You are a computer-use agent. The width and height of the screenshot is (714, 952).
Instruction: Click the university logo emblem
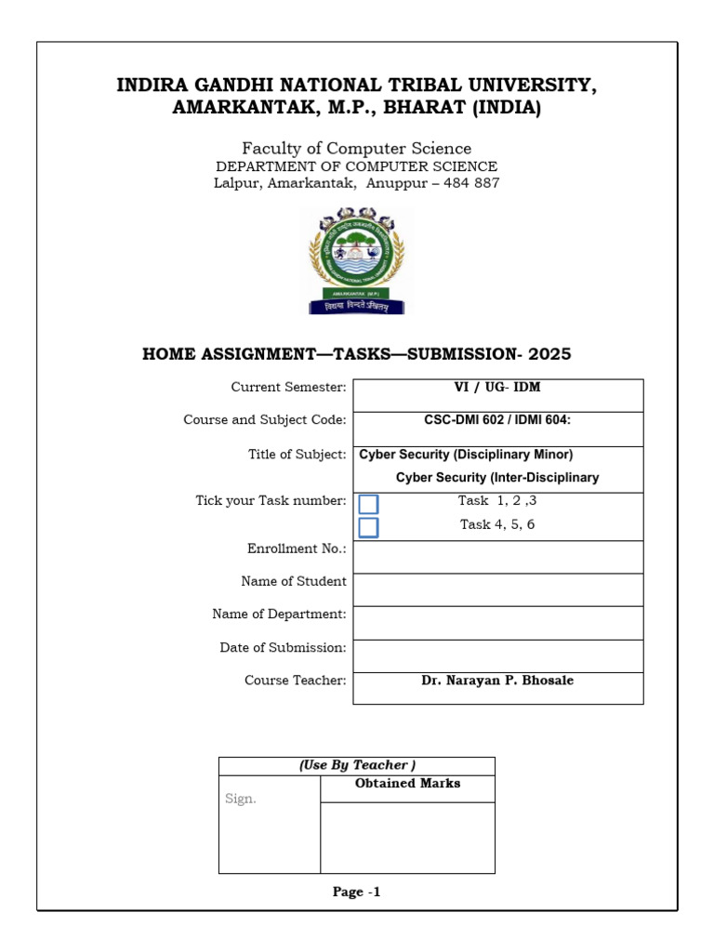coord(357,260)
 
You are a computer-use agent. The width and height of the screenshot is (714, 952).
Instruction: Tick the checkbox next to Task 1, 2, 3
coord(368,504)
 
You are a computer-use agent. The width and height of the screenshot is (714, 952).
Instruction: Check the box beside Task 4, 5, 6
coord(368,528)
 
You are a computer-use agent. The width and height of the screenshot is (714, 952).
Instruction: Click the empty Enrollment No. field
coord(497,557)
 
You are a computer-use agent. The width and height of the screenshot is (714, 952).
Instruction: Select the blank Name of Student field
coord(497,589)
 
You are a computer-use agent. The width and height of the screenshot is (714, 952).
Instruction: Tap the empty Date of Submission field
coord(497,655)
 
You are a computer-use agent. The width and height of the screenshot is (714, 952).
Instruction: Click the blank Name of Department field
coord(497,623)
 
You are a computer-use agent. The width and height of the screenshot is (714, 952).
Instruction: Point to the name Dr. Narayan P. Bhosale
coord(497,681)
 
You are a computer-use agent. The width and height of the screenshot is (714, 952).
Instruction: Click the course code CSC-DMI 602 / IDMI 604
coord(496,420)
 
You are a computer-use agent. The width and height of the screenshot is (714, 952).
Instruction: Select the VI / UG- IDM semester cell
coord(496,387)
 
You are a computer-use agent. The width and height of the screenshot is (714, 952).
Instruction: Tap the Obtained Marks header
coord(407,784)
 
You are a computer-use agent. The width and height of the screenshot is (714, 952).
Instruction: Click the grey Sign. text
coord(241,799)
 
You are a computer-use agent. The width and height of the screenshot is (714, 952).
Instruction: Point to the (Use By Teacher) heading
coord(357,765)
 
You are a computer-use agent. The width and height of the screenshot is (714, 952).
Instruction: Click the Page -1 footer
coord(357,892)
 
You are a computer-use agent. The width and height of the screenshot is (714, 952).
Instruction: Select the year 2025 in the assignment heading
coord(549,354)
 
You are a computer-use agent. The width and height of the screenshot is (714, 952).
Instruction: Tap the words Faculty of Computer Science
coord(357,149)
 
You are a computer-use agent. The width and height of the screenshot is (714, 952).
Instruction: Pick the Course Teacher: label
coord(296,681)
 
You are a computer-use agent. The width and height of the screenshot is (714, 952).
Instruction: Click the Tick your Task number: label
coord(271,501)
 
